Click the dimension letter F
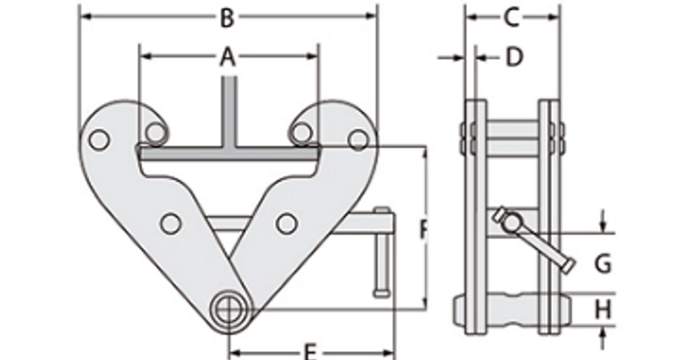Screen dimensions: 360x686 pos(424,230)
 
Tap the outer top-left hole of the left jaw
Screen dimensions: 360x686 pos(99,139)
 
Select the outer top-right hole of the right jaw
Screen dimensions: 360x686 pos(358,139)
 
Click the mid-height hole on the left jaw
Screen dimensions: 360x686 pos(169,223)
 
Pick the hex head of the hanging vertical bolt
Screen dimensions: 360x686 pos(382,294)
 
